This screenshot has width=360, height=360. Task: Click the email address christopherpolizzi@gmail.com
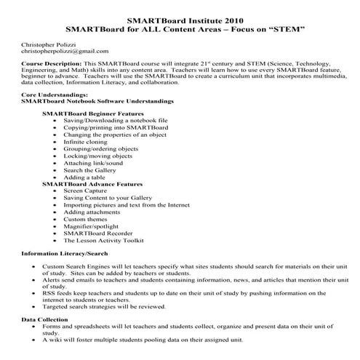(x=65, y=52)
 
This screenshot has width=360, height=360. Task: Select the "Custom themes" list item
(x=85, y=219)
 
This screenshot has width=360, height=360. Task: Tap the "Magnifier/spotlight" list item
(x=91, y=226)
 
